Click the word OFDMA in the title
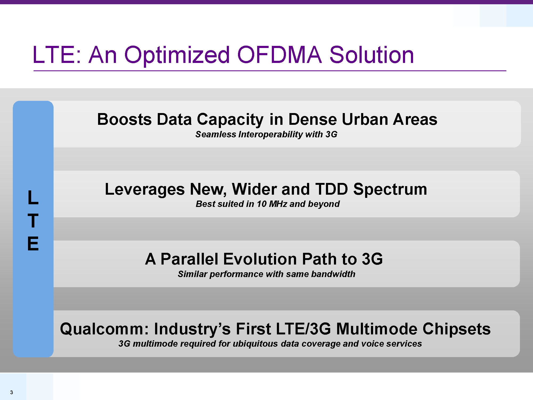pyautogui.click(x=280, y=55)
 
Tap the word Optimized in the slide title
pyautogui.click(x=177, y=56)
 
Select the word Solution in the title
pyautogui.click(x=372, y=55)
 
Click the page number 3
pyautogui.click(x=11, y=392)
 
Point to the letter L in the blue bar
pyautogui.click(x=33, y=198)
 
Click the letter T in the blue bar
pyautogui.click(x=33, y=221)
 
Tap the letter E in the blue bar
pyautogui.click(x=33, y=243)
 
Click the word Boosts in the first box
pyautogui.click(x=124, y=119)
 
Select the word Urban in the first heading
pyautogui.click(x=364, y=119)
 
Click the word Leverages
pyautogui.click(x=145, y=190)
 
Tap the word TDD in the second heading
pyautogui.click(x=332, y=189)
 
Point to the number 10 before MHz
pyautogui.click(x=262, y=204)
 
